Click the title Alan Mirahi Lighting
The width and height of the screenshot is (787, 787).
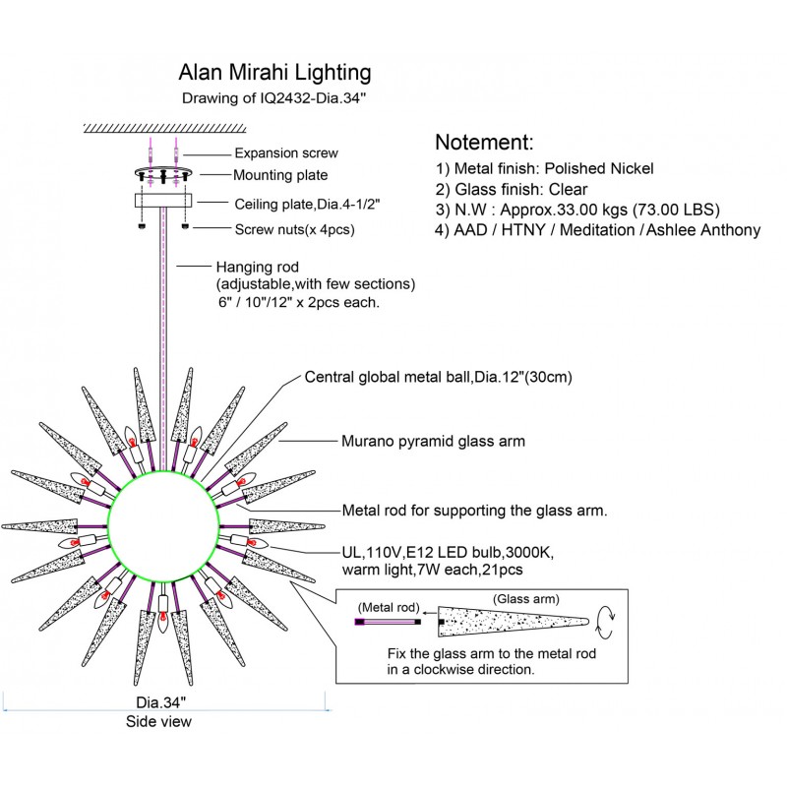click(273, 73)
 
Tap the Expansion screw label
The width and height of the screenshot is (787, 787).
click(286, 152)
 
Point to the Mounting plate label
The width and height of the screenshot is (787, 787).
click(280, 176)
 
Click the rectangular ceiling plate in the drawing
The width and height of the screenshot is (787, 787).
click(163, 201)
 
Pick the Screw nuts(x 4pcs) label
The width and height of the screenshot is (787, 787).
click(295, 230)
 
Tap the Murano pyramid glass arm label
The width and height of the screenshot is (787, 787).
click(433, 442)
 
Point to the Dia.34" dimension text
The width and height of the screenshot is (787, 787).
click(159, 702)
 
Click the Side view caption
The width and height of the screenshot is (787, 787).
click(159, 722)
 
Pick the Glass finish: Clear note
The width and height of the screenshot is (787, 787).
click(512, 190)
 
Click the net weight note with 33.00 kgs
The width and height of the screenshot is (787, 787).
click(576, 211)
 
